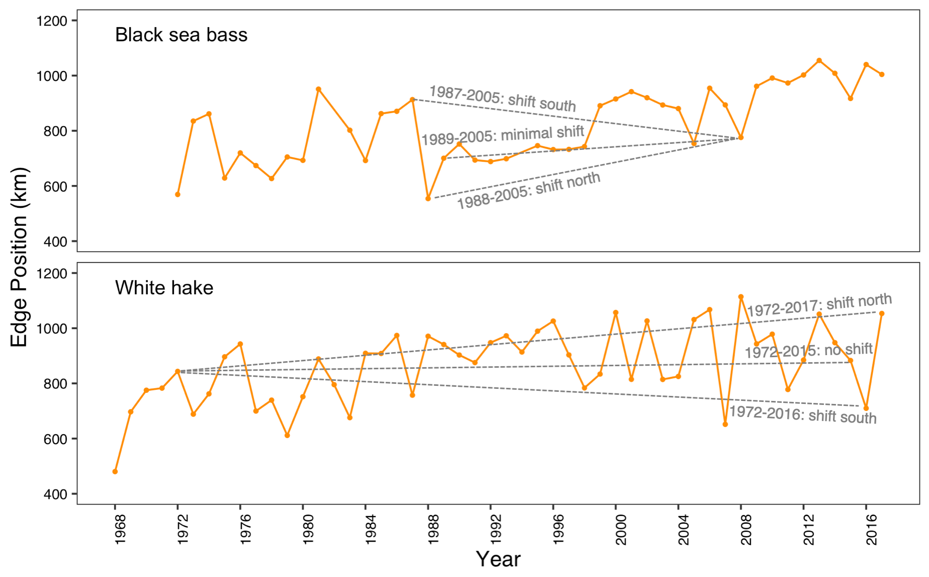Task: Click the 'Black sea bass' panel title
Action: pyautogui.click(x=181, y=35)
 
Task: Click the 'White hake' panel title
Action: pyautogui.click(x=164, y=288)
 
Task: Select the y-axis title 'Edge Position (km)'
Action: pyautogui.click(x=19, y=257)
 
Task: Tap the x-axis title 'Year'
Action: pyautogui.click(x=498, y=559)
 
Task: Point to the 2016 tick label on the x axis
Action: pyautogui.click(x=871, y=529)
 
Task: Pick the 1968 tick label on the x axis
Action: pyautogui.click(x=120, y=529)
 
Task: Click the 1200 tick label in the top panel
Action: pyautogui.click(x=52, y=21)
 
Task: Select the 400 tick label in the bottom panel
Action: pyautogui.click(x=55, y=494)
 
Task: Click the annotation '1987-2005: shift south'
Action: pyautogui.click(x=502, y=99)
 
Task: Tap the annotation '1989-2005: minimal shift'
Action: pyautogui.click(x=502, y=135)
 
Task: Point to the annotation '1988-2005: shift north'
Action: pyautogui.click(x=528, y=190)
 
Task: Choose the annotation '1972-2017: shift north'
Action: pyautogui.click(x=819, y=305)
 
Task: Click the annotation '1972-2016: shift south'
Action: pyautogui.click(x=803, y=415)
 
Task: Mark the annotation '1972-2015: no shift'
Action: pyautogui.click(x=808, y=351)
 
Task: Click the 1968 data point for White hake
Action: pyautogui.click(x=115, y=471)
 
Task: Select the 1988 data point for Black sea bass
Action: pyautogui.click(x=428, y=199)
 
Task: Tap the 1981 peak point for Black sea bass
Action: pyautogui.click(x=318, y=89)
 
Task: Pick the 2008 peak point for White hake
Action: pyautogui.click(x=741, y=297)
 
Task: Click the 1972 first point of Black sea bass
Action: pyautogui.click(x=178, y=194)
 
